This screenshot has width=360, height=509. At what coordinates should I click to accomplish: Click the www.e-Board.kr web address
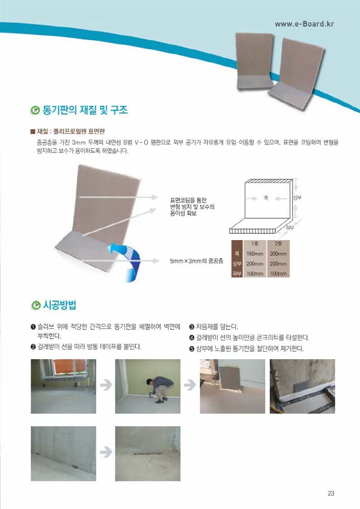[304, 24]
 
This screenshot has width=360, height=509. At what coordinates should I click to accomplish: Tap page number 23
[331, 493]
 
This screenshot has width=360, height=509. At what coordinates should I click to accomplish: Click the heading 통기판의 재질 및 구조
[85, 110]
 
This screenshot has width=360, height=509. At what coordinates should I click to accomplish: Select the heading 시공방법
[59, 305]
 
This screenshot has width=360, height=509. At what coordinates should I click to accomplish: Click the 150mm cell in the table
[255, 254]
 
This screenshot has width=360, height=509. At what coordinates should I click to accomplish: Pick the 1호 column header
[255, 244]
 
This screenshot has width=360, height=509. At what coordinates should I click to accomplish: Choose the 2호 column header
[278, 244]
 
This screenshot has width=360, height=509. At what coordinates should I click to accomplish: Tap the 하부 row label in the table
[237, 273]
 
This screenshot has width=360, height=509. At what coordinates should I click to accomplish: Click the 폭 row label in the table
[237, 254]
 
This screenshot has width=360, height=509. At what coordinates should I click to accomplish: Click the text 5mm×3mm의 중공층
[197, 261]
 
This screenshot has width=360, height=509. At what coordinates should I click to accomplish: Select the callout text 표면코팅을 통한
[188, 200]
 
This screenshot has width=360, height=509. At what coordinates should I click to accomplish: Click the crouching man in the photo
[158, 389]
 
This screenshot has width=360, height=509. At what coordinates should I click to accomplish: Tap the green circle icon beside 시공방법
[36, 305]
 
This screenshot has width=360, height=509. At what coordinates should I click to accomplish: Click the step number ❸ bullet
[192, 327]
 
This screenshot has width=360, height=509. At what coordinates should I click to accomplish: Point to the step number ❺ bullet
[192, 349]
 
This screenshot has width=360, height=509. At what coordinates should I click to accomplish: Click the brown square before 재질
[32, 132]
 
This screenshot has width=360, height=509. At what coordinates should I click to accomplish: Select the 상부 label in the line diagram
[297, 197]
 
